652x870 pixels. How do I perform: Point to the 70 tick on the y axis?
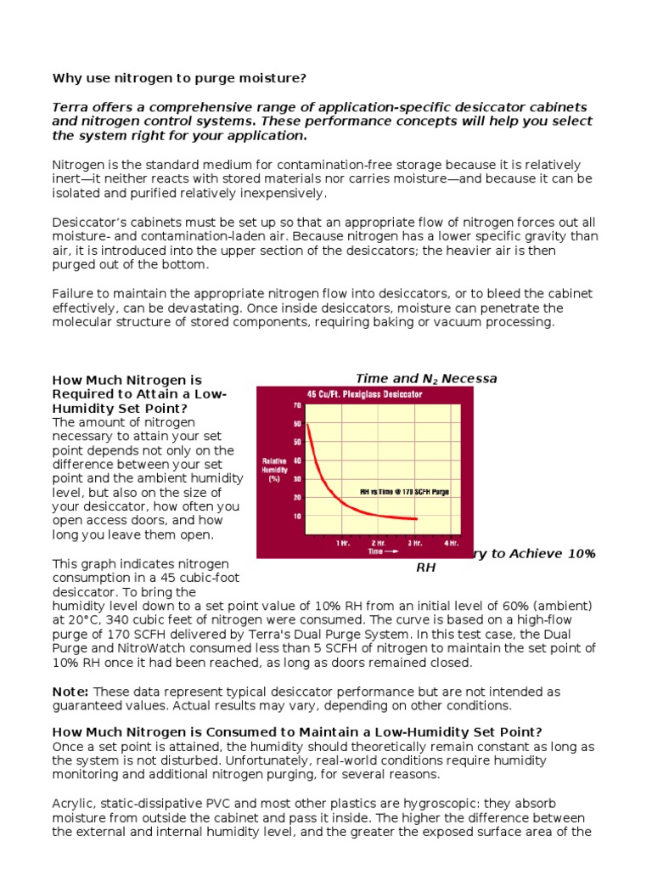297,405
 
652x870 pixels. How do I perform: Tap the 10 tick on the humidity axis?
297,516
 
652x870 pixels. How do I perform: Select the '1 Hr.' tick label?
342,542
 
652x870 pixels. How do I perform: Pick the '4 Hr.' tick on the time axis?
452,542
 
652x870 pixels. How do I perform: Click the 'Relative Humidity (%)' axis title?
274,469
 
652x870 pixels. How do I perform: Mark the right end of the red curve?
417,518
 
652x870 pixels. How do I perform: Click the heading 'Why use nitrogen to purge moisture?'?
179,78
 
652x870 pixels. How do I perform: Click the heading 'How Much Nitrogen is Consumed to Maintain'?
297,732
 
